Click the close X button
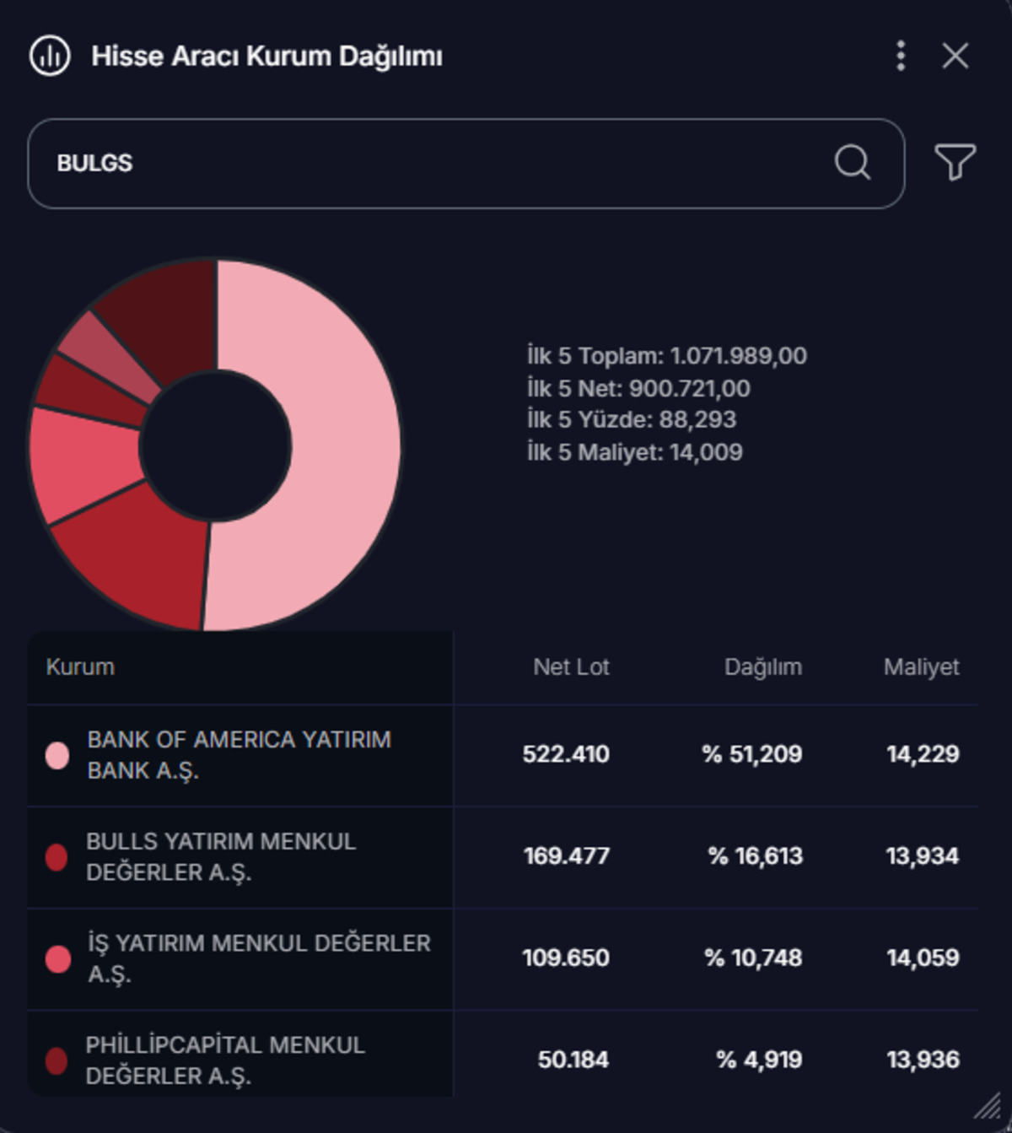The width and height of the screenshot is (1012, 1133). pos(955,56)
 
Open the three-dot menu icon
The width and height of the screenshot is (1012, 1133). pos(901,56)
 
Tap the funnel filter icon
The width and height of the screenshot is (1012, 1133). pos(955,162)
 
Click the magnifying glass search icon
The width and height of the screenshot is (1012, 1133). pos(853,163)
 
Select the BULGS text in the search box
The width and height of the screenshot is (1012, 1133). pos(95,164)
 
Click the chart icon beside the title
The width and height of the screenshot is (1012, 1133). pos(50,56)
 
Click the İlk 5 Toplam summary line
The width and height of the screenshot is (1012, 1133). pos(667,356)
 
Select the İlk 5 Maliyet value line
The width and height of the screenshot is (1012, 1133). pos(634,452)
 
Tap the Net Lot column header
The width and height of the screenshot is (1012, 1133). pos(571,666)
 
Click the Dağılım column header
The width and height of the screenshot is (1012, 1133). pos(763,667)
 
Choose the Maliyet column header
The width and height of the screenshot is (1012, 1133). pos(922,667)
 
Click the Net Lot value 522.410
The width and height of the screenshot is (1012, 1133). pos(566,754)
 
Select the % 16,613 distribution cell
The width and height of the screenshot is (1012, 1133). pos(756,856)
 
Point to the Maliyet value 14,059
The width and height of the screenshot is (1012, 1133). pos(923,958)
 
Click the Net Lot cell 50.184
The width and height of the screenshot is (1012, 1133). pos(573,1060)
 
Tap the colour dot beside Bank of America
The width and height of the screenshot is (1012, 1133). pos(57,756)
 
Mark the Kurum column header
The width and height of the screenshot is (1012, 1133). pos(80,666)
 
